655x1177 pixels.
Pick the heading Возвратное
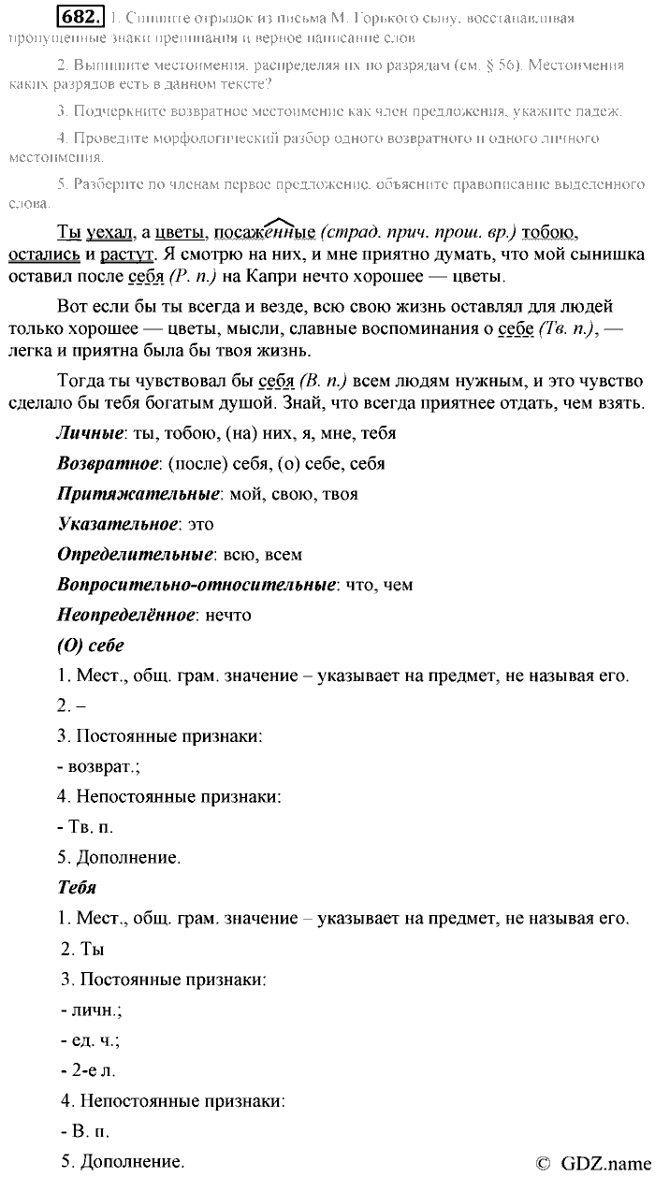[108, 463]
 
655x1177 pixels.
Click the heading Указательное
[116, 524]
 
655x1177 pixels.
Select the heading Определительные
[136, 554]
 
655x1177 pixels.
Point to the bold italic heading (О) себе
[91, 646]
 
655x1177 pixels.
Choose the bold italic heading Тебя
[77, 887]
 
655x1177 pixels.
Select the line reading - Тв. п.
[85, 827]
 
